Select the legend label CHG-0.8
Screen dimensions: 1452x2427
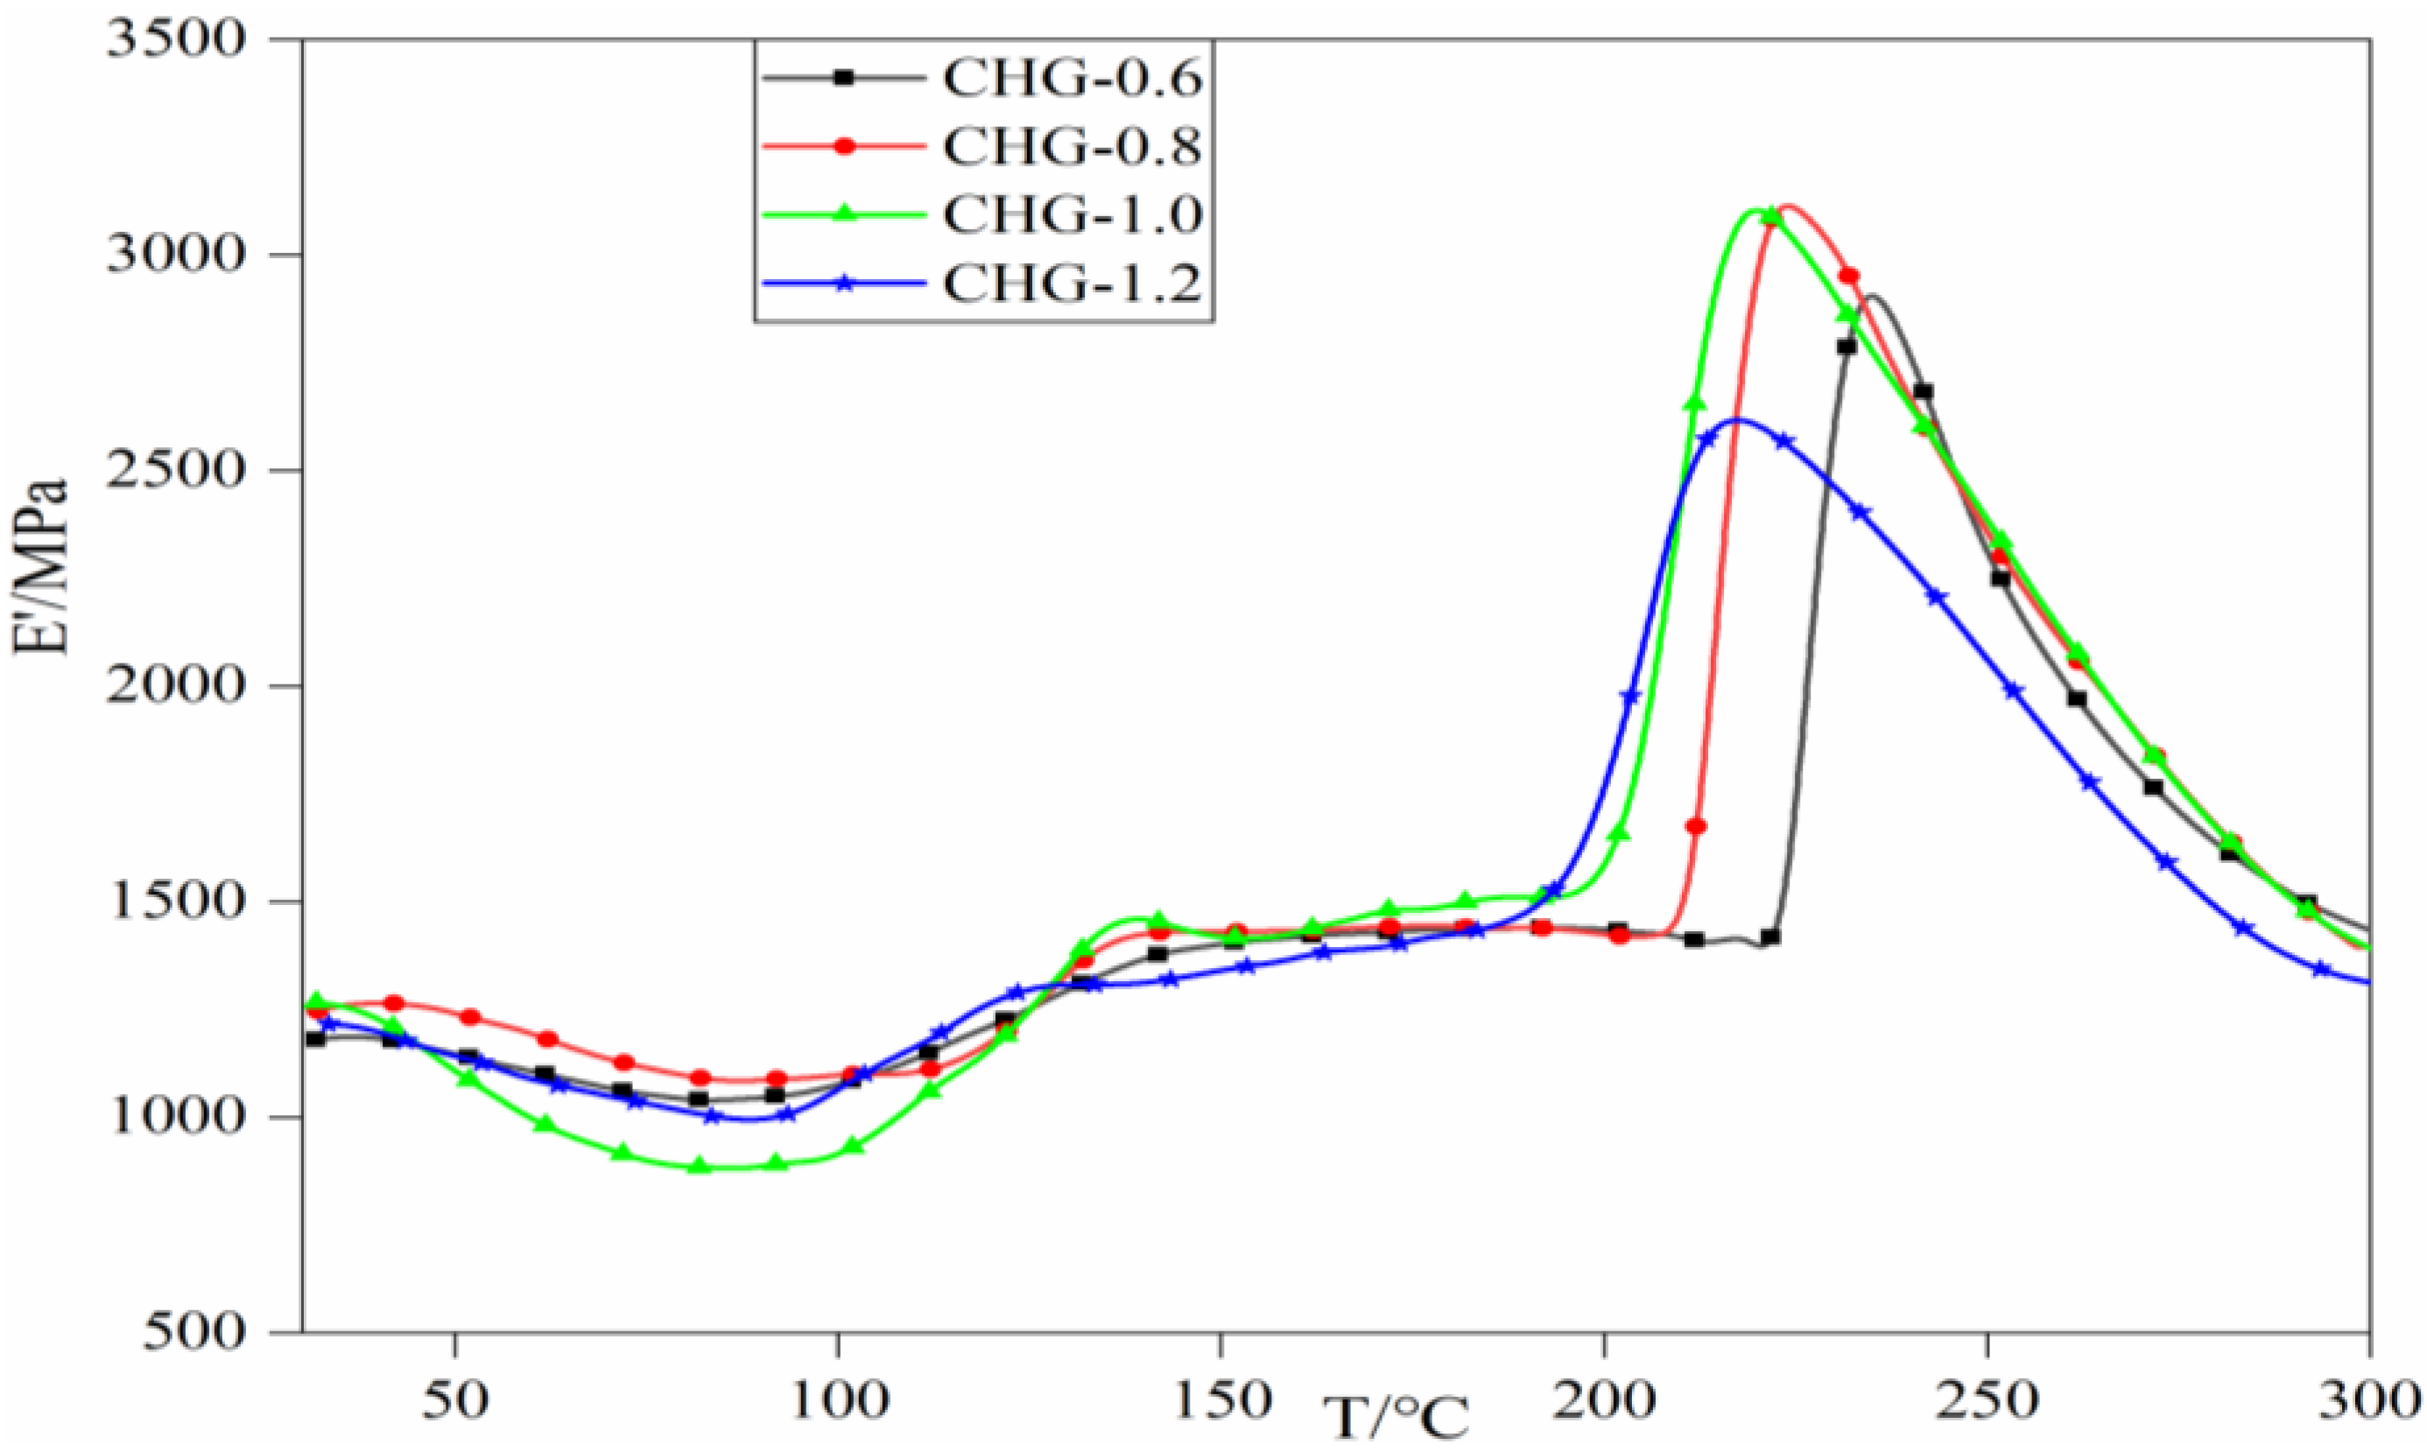coord(1072,148)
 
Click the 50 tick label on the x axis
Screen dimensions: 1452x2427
coord(456,1401)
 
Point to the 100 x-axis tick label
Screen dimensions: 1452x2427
coord(838,1401)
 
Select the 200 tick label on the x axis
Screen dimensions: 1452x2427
coord(1605,1401)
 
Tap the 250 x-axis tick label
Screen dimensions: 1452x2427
coord(1987,1401)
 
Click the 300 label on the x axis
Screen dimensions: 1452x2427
coord(2368,1401)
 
